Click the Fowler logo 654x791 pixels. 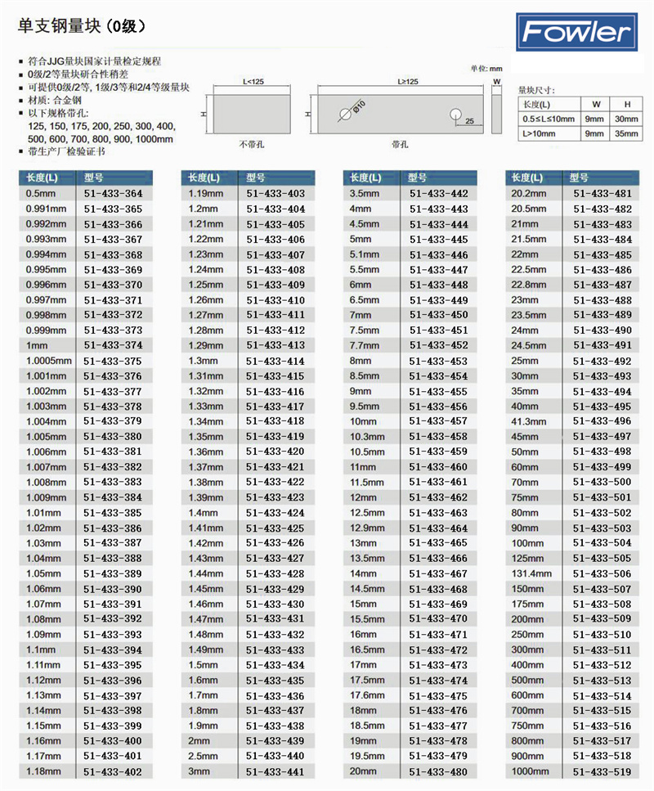tap(578, 32)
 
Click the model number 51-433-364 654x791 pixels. tap(113, 194)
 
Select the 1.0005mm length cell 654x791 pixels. tap(49, 361)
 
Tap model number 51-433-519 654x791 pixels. tap(602, 771)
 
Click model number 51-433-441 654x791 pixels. tap(275, 771)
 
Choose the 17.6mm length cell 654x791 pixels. tap(367, 695)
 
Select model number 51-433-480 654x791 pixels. tap(438, 771)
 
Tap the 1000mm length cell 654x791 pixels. tap(530, 771)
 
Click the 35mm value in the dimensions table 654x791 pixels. tap(627, 133)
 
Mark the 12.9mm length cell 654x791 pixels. tap(367, 528)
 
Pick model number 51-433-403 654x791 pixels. tap(275, 194)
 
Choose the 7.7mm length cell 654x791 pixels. tap(365, 346)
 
